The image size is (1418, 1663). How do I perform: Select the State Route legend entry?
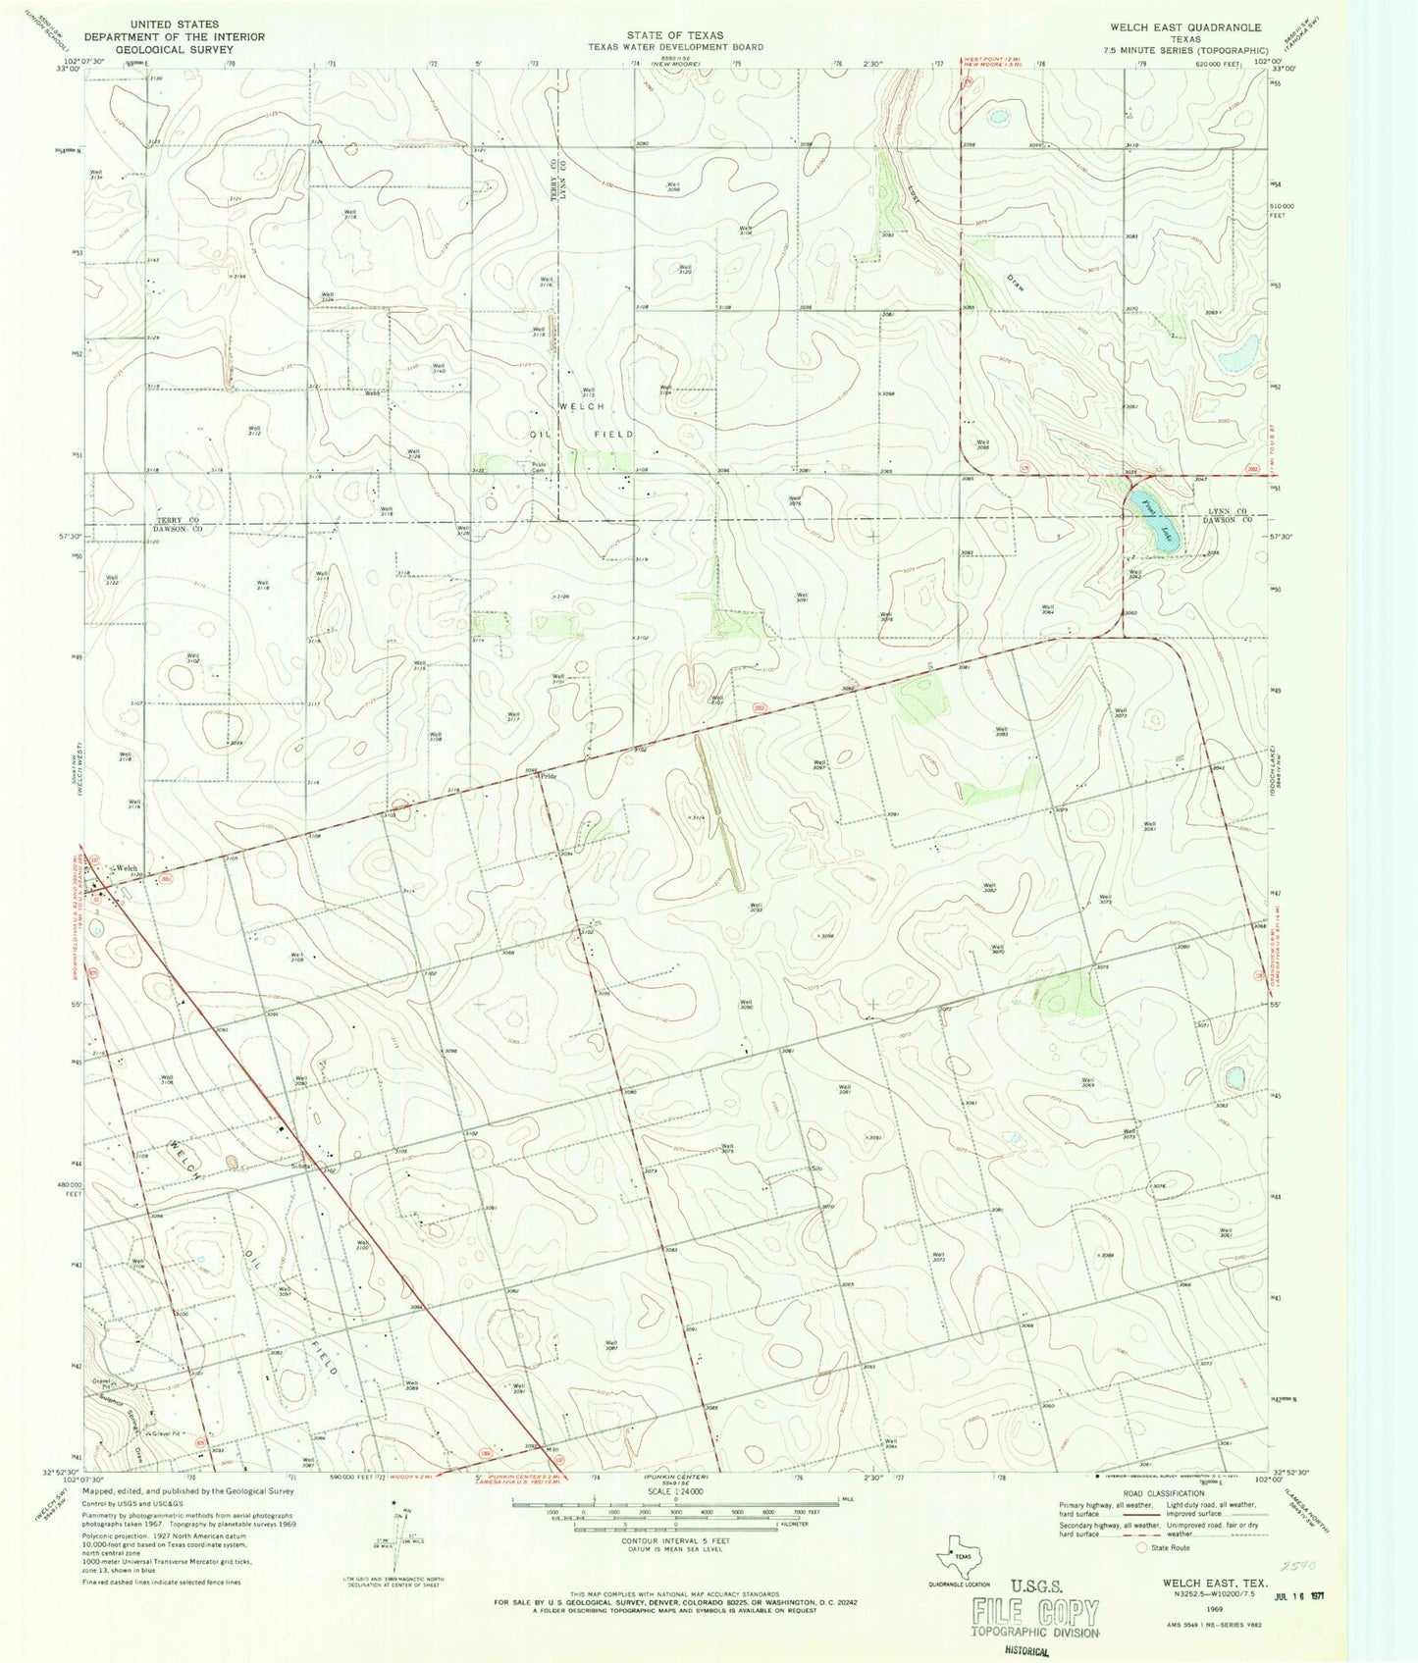[x=1167, y=1547]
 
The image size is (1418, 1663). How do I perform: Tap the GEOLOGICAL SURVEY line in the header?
[x=164, y=48]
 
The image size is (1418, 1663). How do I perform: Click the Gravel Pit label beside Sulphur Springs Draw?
[x=167, y=1433]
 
